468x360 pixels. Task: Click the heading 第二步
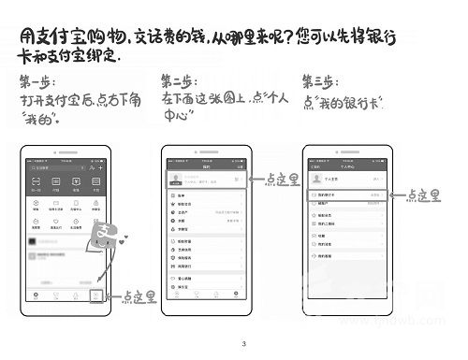pyautogui.click(x=179, y=79)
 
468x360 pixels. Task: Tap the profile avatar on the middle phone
pyautogui.click(x=173, y=178)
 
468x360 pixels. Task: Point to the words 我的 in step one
pyautogui.click(x=41, y=120)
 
